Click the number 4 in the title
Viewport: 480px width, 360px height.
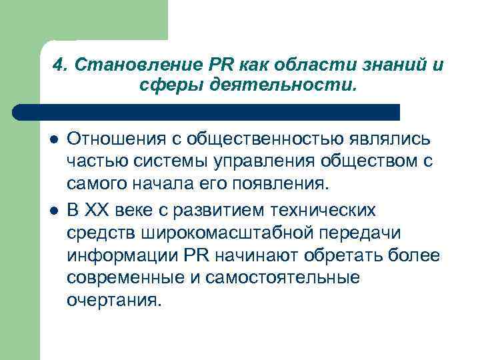tap(57, 65)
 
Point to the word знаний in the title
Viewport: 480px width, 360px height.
tap(383, 65)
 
